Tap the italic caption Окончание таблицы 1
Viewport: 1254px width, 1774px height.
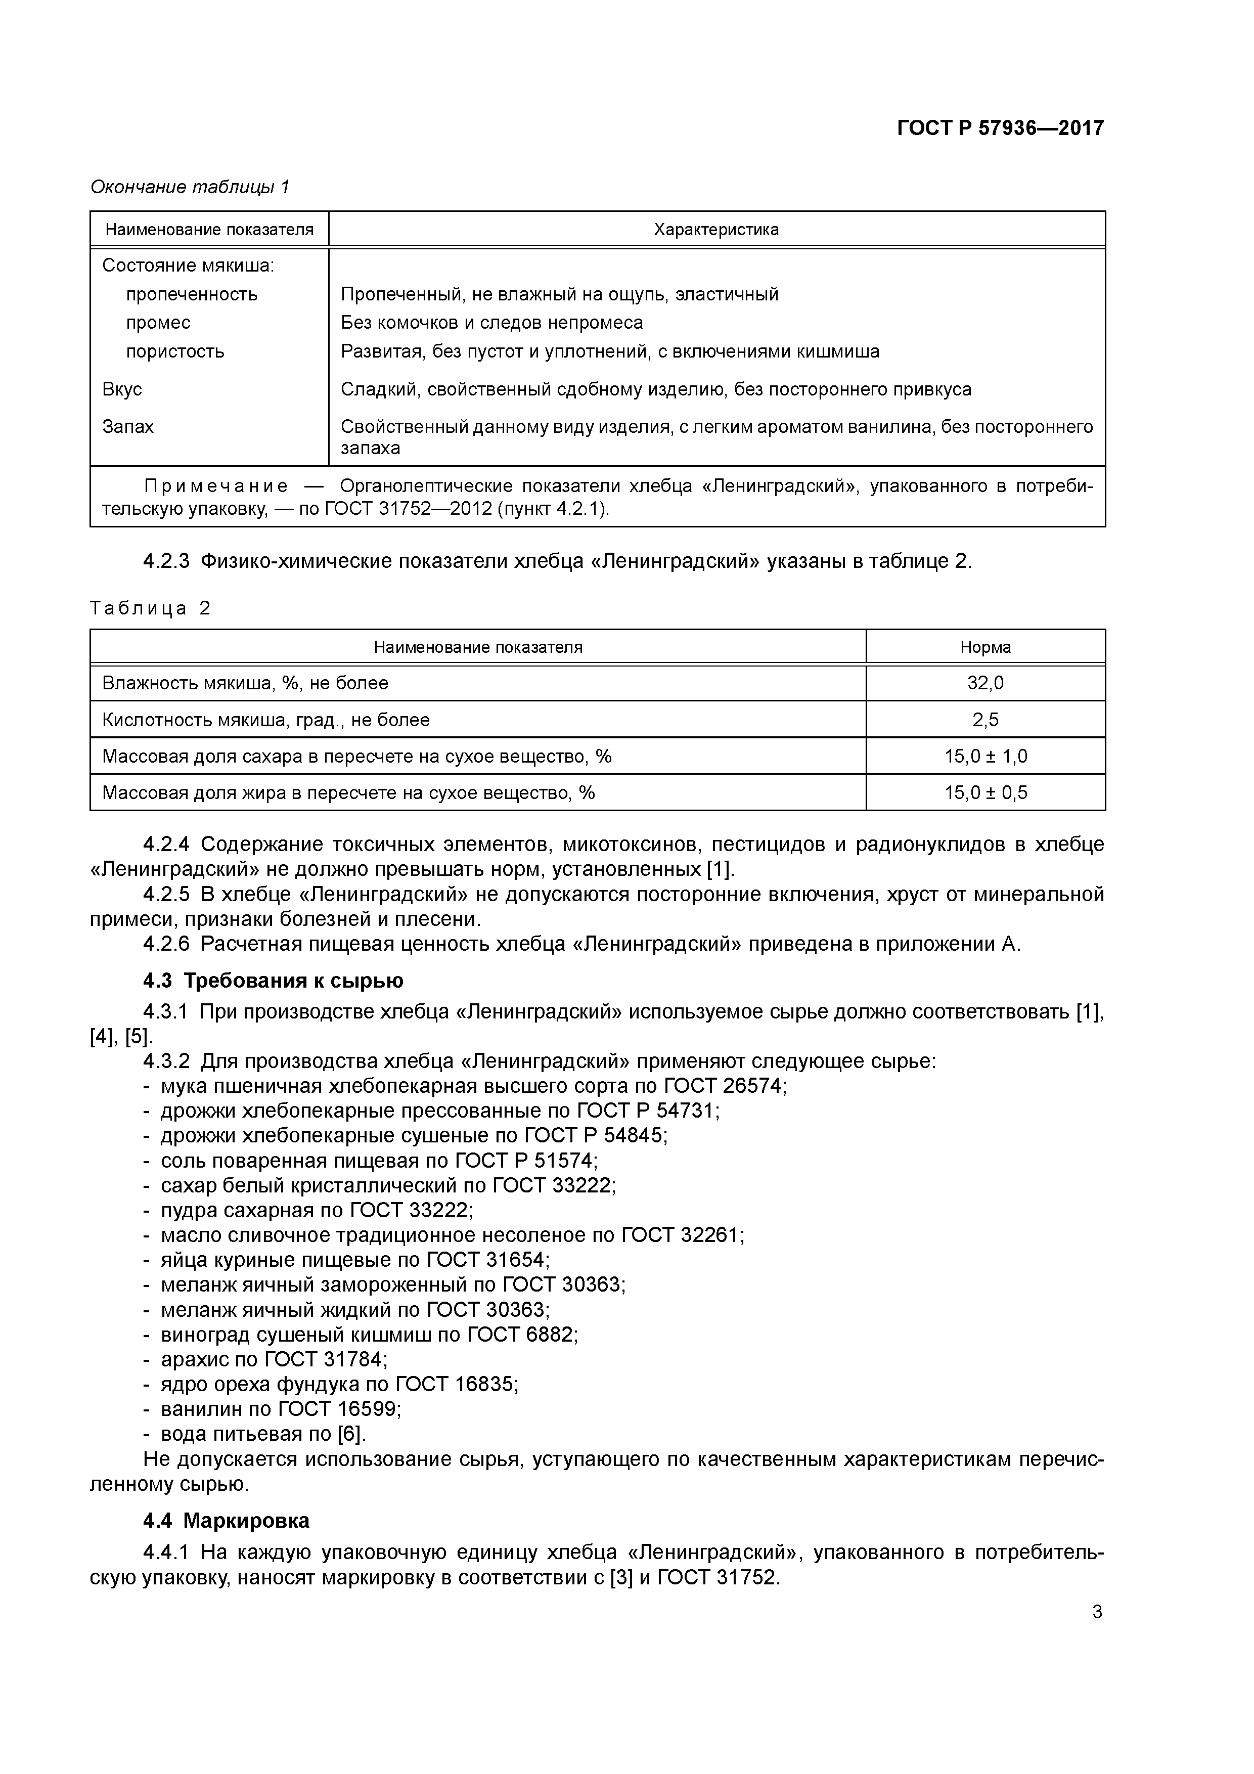coord(189,187)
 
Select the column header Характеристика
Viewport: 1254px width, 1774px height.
coord(715,230)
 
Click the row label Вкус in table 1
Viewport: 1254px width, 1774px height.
coord(122,389)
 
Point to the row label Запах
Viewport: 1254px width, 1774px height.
coord(127,426)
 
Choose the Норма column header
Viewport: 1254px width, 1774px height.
coord(984,647)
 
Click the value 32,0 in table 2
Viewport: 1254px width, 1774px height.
coord(984,683)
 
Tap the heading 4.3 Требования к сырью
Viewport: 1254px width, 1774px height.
coord(273,981)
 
